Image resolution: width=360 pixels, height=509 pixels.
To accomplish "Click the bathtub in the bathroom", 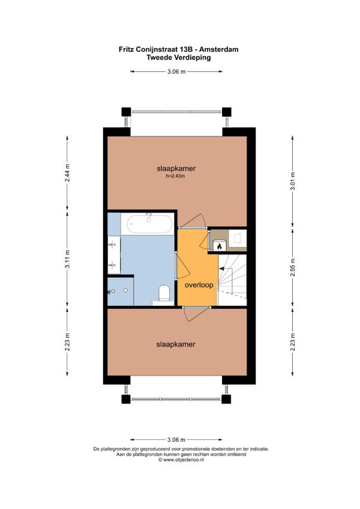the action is click(x=149, y=224).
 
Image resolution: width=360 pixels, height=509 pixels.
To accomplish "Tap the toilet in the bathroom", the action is click(x=164, y=293).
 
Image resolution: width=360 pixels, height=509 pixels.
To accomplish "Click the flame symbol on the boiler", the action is click(x=220, y=247).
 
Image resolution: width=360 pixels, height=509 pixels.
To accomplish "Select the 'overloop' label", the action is click(x=199, y=285).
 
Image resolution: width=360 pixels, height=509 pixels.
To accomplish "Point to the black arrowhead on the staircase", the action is click(x=221, y=268).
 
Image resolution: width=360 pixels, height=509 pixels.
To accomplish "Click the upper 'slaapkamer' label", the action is click(x=176, y=169).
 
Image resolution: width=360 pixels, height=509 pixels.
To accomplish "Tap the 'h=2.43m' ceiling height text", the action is click(x=175, y=176).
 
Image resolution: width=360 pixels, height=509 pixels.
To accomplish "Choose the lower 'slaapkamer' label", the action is click(x=176, y=344).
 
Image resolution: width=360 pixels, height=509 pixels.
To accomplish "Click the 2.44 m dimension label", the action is click(x=68, y=173).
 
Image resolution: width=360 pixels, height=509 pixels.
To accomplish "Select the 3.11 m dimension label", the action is click(x=68, y=259).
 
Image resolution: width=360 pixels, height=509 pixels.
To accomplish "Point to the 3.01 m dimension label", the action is click(x=292, y=183).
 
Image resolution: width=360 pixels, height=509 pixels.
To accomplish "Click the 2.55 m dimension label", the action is click(x=292, y=268).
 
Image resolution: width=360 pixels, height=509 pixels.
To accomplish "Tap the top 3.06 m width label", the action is click(x=176, y=72).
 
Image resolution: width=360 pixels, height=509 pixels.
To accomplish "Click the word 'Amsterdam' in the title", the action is click(x=219, y=49).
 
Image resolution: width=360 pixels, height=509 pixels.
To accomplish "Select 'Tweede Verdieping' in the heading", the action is click(x=179, y=58).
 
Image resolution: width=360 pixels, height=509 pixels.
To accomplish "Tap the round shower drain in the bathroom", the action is click(x=125, y=291).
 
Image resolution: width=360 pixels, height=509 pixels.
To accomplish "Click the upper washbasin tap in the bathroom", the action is click(x=113, y=244).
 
